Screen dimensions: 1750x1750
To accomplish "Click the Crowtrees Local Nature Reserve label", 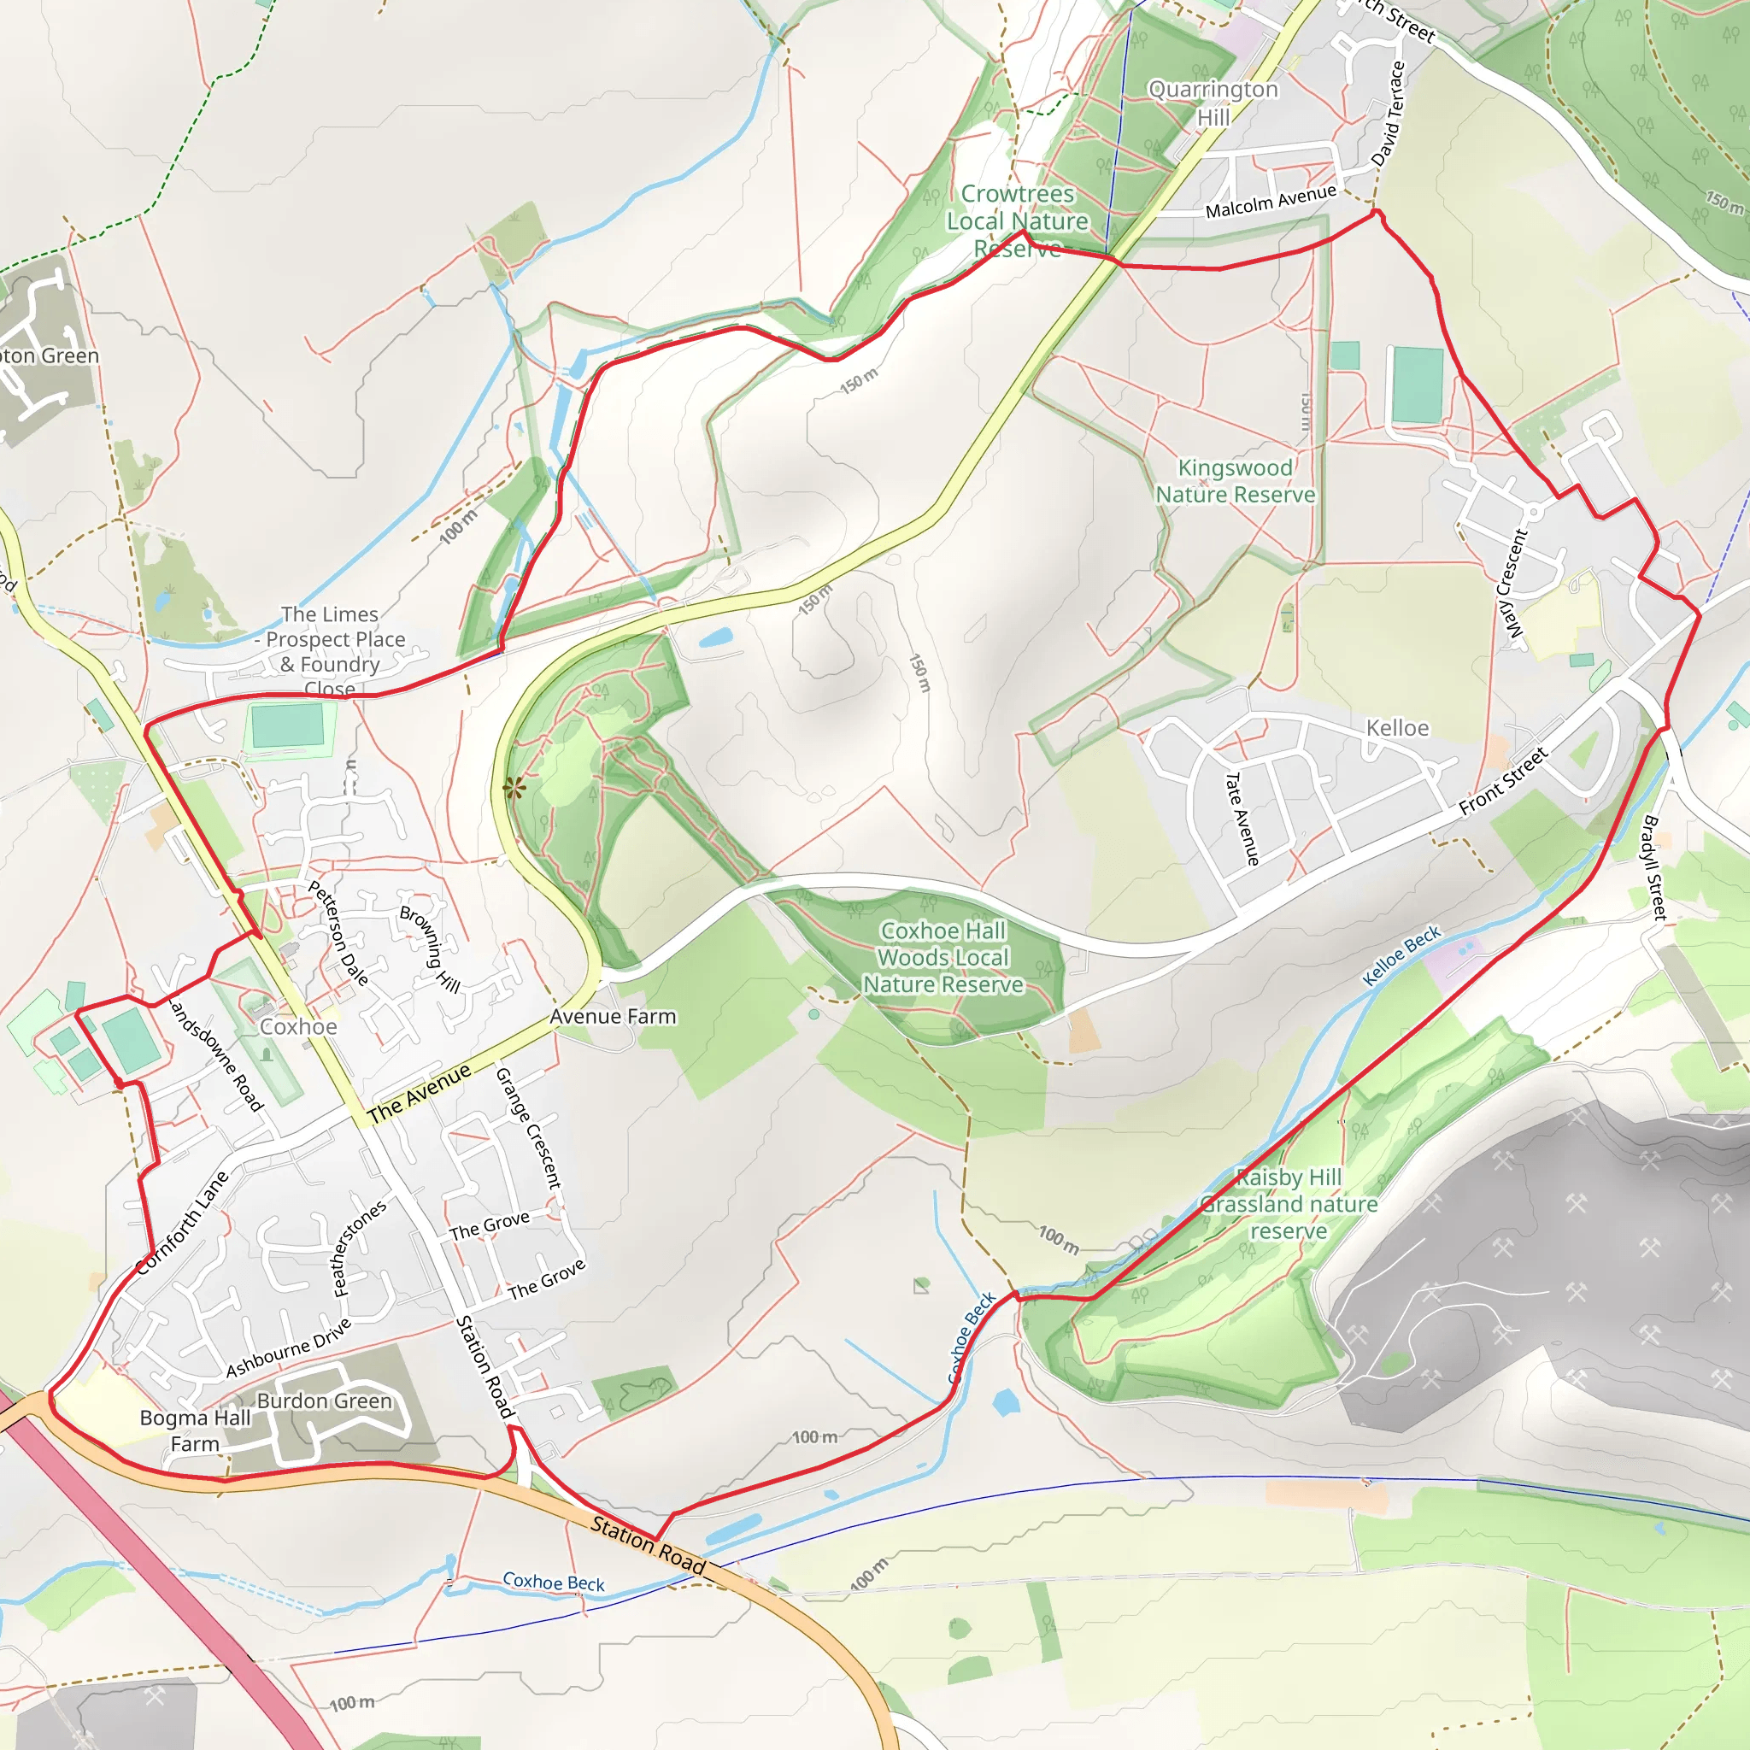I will [x=1017, y=221].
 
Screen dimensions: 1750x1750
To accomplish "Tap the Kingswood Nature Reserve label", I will [x=1235, y=481].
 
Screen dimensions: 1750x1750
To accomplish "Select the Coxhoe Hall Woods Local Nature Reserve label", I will [x=943, y=957].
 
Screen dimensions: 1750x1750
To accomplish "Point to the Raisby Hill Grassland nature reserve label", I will [x=1288, y=1204].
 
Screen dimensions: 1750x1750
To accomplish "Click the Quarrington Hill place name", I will [x=1213, y=103].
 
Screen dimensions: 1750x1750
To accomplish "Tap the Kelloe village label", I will [x=1397, y=728].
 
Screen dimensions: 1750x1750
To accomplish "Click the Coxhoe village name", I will [x=298, y=1027].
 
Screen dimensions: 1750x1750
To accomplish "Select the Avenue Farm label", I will [x=613, y=1017].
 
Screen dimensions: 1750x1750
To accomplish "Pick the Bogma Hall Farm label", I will [x=195, y=1430].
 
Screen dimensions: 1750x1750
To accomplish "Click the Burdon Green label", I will [x=324, y=1401].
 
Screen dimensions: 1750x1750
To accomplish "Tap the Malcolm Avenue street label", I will [x=1270, y=201].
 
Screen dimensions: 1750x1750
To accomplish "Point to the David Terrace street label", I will [x=1387, y=115].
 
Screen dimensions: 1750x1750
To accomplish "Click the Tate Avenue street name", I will [x=1241, y=818].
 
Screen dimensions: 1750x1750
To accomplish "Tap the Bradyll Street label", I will [x=1653, y=868].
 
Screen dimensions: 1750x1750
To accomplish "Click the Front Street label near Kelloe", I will [x=1503, y=781].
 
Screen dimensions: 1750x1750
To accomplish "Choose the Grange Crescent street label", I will [x=528, y=1129].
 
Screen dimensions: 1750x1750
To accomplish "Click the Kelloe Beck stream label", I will [x=1401, y=955].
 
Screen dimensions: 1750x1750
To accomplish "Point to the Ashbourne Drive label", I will [x=288, y=1348].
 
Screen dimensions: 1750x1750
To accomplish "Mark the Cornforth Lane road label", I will [x=182, y=1223].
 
